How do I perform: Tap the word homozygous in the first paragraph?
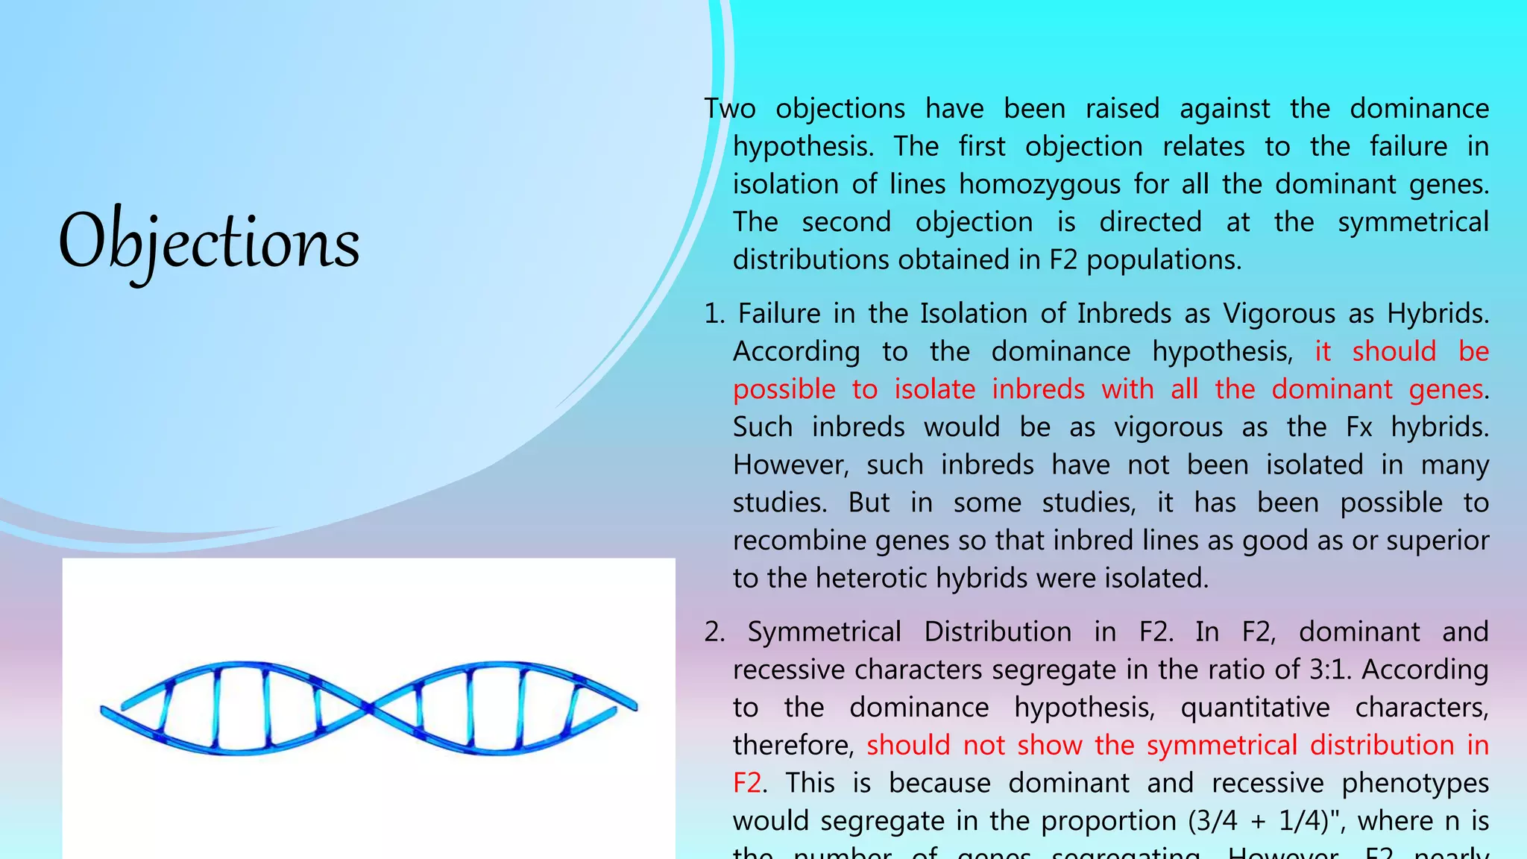point(1039,184)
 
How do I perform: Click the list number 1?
point(713,314)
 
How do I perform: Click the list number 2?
point(714,632)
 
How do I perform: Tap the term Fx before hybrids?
point(1359,427)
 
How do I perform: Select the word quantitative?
point(1255,708)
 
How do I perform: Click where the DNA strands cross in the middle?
point(369,707)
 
